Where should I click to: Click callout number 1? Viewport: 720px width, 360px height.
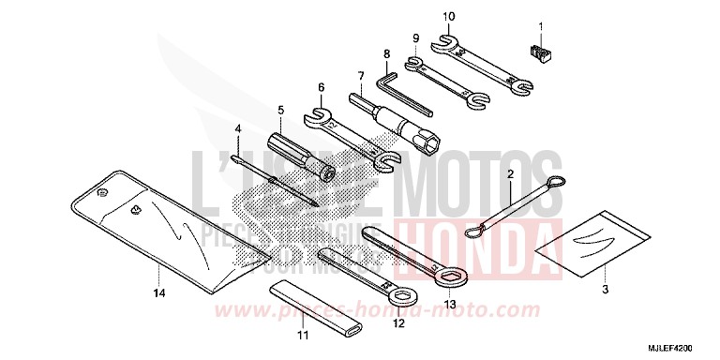(x=541, y=23)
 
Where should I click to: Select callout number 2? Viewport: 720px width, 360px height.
(x=510, y=174)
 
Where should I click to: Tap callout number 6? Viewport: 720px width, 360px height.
(x=321, y=87)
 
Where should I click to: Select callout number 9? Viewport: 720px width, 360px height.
(x=414, y=37)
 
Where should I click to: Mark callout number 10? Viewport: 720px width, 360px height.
(x=448, y=16)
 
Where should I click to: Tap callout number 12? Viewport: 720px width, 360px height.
(x=397, y=323)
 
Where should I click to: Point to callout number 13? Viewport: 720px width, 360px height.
(x=451, y=304)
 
